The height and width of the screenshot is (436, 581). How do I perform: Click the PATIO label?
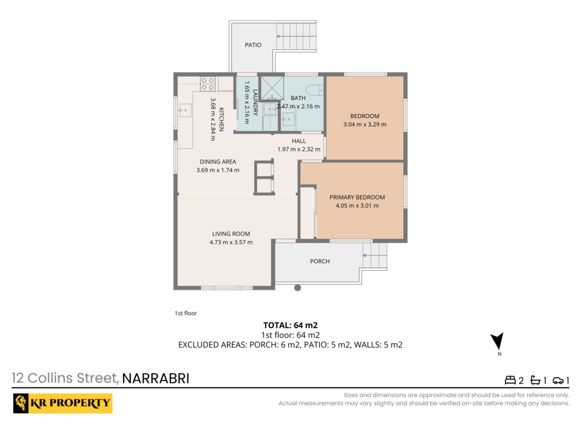point(253,45)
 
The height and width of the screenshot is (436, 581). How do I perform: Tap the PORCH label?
point(320,261)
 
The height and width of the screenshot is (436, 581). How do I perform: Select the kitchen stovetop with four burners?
point(208,84)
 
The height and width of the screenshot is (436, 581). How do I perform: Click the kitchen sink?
point(186,111)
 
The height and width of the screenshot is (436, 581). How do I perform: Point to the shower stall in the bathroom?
point(272,88)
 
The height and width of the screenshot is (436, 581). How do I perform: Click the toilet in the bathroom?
point(314,90)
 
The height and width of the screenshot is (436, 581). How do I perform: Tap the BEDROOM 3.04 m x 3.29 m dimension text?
point(365,124)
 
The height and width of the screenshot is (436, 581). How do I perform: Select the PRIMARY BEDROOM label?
point(357,197)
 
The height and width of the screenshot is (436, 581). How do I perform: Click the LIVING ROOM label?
point(231,234)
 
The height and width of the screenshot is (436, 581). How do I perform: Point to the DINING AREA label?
point(218,162)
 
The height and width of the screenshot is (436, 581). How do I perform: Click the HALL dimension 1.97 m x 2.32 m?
point(299,149)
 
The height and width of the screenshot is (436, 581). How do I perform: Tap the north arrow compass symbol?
point(497,341)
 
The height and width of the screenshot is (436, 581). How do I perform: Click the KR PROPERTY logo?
point(62,403)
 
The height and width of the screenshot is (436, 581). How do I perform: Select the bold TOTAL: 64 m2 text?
point(290,325)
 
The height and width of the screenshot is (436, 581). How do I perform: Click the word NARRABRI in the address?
point(155,379)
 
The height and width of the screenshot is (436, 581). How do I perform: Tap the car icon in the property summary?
point(558,380)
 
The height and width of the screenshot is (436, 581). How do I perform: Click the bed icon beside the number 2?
point(510,380)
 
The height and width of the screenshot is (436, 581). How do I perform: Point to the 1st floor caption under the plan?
point(186,313)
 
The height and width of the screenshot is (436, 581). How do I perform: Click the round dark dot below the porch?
point(297,288)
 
